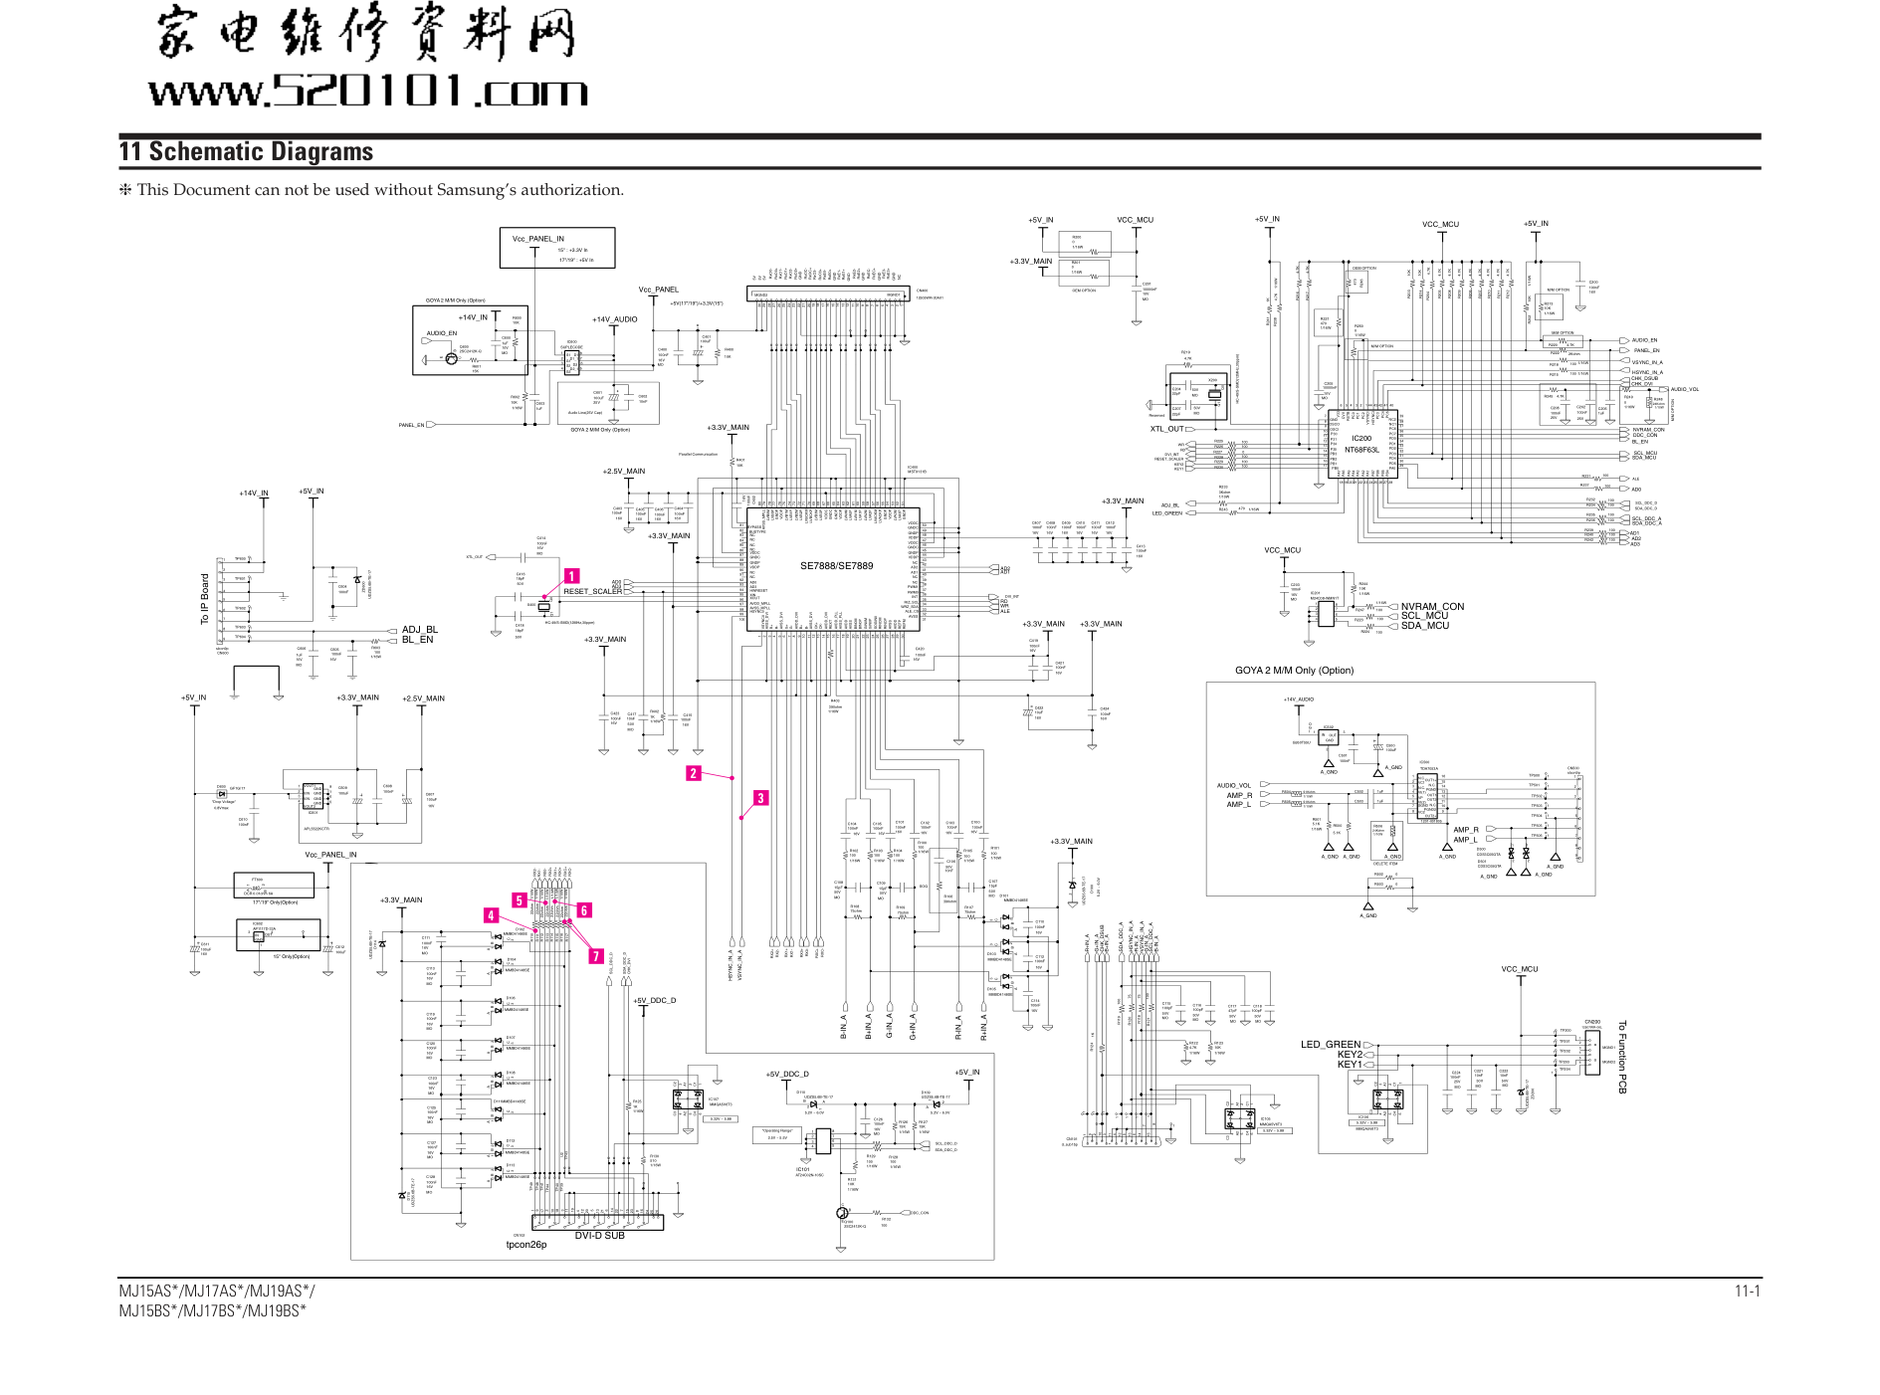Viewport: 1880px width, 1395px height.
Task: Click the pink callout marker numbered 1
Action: click(x=572, y=576)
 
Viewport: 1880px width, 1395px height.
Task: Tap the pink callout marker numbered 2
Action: click(x=694, y=773)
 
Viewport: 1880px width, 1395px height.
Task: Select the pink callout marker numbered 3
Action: click(x=760, y=798)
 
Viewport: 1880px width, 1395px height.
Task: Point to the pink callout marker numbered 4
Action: click(x=491, y=915)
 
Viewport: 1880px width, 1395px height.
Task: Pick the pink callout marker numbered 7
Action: click(x=596, y=956)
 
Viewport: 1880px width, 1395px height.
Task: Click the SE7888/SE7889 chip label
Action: click(x=836, y=566)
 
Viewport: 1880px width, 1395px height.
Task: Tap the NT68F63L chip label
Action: click(x=1361, y=450)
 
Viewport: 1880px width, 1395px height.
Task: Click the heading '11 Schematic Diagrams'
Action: click(x=246, y=151)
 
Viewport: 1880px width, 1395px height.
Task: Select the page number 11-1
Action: click(x=1747, y=1292)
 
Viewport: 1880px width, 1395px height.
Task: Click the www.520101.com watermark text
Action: click(x=368, y=92)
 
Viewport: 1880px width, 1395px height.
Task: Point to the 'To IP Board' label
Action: click(x=206, y=599)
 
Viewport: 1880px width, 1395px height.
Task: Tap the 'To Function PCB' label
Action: click(x=1622, y=1057)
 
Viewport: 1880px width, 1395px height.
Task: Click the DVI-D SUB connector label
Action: click(x=599, y=1235)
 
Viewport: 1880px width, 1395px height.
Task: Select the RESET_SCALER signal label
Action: click(x=592, y=592)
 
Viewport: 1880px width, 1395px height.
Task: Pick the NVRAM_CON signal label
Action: click(x=1432, y=606)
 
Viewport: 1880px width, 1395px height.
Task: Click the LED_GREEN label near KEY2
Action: click(x=1330, y=1045)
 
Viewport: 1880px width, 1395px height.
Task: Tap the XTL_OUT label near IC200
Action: click(x=1166, y=429)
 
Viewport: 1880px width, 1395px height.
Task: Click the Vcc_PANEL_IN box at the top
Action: click(x=556, y=247)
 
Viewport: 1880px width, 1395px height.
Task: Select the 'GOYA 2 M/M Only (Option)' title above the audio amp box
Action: click(x=1294, y=671)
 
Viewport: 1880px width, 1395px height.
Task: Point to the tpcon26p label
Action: click(x=525, y=1245)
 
